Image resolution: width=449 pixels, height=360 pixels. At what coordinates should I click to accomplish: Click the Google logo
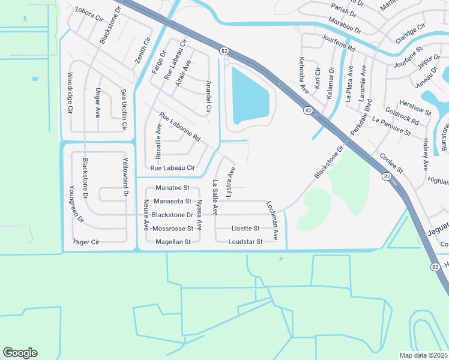[20, 353]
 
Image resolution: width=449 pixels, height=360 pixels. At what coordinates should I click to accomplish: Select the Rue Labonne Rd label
[179, 127]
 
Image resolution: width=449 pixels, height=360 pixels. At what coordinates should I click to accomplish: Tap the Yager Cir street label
[86, 242]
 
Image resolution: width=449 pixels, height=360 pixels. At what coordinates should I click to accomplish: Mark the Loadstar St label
[246, 242]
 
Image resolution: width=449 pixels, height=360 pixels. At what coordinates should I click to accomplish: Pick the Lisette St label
[246, 229]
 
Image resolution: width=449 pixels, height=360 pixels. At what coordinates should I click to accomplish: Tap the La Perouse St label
[391, 127]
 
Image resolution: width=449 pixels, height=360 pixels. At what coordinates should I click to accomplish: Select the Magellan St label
[173, 242]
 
